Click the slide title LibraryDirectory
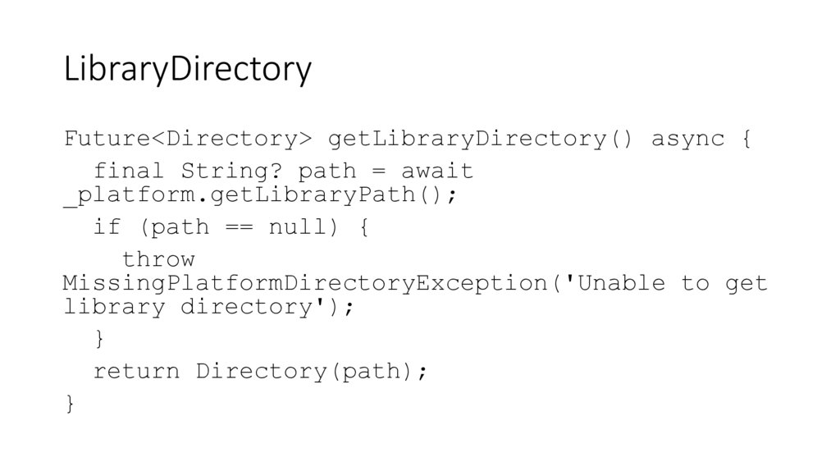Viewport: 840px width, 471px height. click(x=188, y=71)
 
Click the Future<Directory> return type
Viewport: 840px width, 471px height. click(x=188, y=139)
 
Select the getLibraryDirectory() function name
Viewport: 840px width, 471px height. click(x=481, y=139)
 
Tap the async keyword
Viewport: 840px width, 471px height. click(x=687, y=139)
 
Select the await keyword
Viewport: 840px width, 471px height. click(x=437, y=171)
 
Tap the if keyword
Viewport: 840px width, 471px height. click(x=107, y=226)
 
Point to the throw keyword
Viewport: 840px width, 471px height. click(x=158, y=259)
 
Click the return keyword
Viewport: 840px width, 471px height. click(x=136, y=371)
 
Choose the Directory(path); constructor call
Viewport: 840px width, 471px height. click(x=312, y=371)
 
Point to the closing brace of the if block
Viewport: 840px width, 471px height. click(x=99, y=338)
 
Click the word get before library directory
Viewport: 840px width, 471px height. click(x=746, y=284)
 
